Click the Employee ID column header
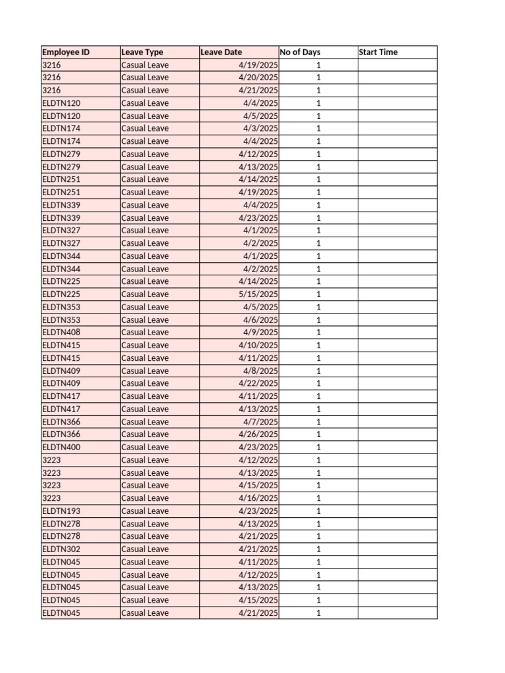pos(66,52)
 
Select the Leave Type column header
pos(143,52)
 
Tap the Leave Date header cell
pos(222,52)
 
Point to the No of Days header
pos(301,52)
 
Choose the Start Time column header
pos(379,52)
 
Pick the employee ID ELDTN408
pos(61,333)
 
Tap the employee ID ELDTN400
pos(61,447)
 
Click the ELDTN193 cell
pos(61,511)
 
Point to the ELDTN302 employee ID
pos(61,549)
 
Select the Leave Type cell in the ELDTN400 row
pos(145,447)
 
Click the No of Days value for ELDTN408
pos(318,333)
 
